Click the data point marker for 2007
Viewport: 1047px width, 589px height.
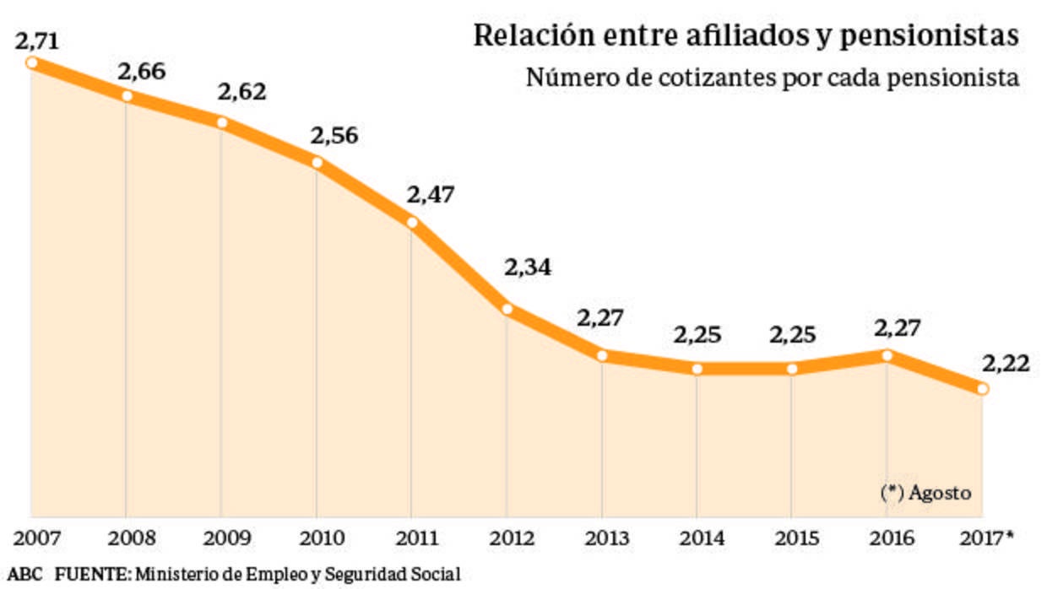click(31, 62)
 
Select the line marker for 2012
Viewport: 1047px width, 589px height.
click(507, 309)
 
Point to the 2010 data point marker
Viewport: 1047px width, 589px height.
click(317, 163)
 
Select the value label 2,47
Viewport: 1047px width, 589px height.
click(431, 194)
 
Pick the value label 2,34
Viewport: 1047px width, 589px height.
click(528, 267)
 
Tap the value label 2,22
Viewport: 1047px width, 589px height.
click(1006, 364)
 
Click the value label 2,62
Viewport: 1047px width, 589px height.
click(242, 92)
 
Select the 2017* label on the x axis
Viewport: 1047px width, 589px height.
click(986, 538)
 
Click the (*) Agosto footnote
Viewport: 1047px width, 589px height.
click(925, 493)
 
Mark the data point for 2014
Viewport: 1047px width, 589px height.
click(697, 369)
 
